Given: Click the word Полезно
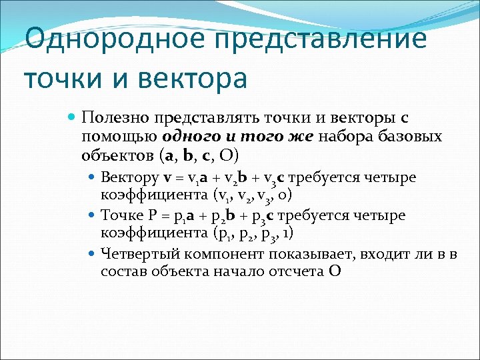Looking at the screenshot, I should pos(115,118).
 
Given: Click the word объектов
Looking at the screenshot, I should pos(117,156).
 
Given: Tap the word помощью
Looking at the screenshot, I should pos(119,137).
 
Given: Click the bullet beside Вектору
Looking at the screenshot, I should pos(92,177).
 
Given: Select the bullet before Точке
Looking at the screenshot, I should pos(92,215).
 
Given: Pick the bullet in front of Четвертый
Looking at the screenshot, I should pos(92,253).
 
